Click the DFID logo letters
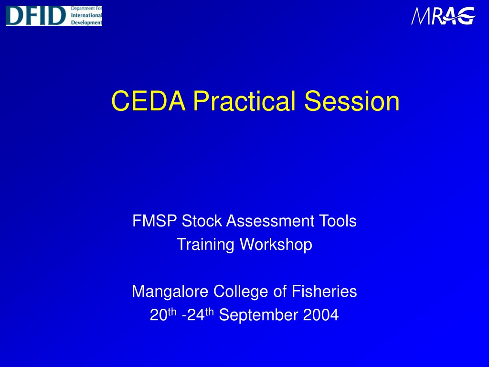coord(36,16)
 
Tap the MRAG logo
coord(443,16)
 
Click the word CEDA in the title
coord(149,101)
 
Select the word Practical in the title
coord(244,101)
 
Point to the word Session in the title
coord(352,101)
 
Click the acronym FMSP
coord(155,221)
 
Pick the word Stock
coord(202,221)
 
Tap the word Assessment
coord(270,221)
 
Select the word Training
coord(205,245)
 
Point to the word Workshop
coord(276,245)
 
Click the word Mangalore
coord(170,292)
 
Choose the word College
coord(241,292)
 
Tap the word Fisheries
coord(324,291)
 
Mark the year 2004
coord(321,315)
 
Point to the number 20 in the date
coord(159,315)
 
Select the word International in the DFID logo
coord(86,15)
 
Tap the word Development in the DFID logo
coord(86,22)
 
